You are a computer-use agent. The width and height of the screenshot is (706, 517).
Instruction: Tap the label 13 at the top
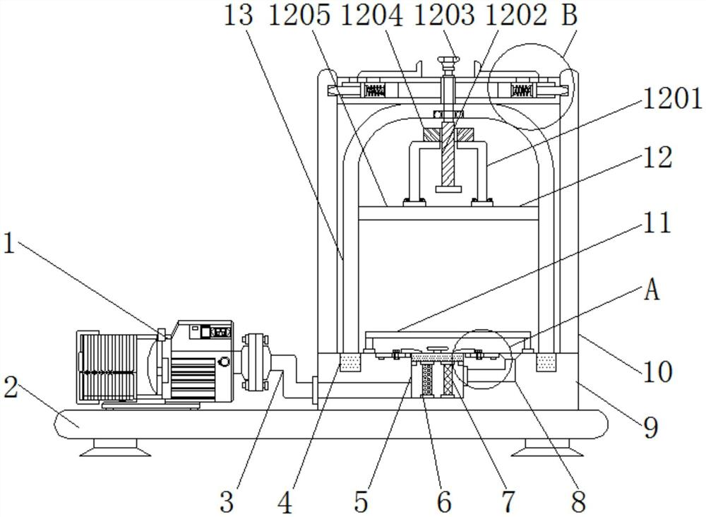point(239,16)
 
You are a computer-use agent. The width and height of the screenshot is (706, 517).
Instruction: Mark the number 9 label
point(651,426)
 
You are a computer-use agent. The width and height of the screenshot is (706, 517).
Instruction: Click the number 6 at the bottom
point(443,501)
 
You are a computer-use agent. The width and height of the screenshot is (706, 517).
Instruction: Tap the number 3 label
point(226,501)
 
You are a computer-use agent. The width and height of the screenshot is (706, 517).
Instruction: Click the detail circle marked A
point(482,358)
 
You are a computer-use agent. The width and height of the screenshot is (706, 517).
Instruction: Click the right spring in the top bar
point(521,90)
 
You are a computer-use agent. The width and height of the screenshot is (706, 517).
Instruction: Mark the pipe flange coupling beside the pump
point(252,361)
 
